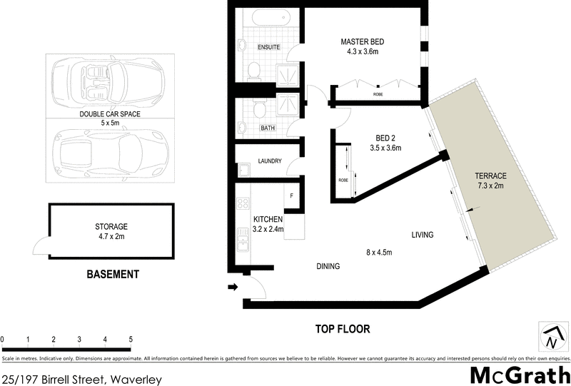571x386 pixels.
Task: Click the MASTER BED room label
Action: [364, 42]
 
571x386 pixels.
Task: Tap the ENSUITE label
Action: [268, 47]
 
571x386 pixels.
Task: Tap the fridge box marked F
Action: [290, 195]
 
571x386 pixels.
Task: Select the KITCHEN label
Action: [268, 219]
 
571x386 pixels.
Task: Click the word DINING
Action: [328, 266]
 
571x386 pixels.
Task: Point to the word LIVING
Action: [425, 235]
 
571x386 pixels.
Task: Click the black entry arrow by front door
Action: [233, 288]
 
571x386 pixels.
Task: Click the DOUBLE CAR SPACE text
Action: [109, 114]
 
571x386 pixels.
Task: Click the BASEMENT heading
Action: [112, 274]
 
